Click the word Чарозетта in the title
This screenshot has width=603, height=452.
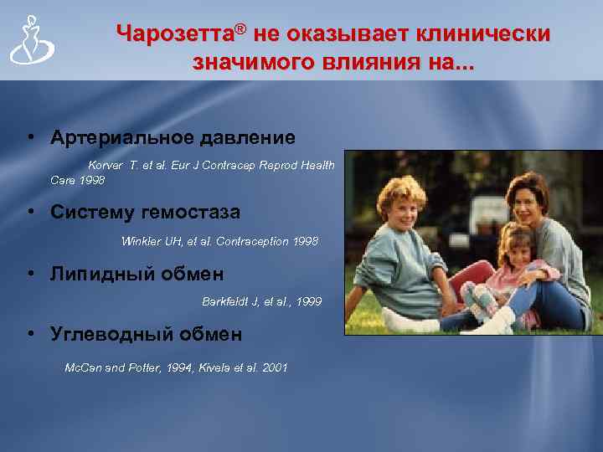tap(173, 34)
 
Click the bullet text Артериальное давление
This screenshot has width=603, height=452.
tap(173, 136)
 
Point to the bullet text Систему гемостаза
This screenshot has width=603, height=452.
tap(145, 212)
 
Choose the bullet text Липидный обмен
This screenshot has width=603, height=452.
tap(137, 274)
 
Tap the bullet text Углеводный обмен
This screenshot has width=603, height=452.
tap(146, 335)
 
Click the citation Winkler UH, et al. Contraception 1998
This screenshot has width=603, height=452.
tap(219, 241)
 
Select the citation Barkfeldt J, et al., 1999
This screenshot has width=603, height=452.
tap(261, 300)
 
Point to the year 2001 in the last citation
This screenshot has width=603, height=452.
tap(273, 367)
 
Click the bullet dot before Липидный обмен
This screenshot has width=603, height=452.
tap(30, 274)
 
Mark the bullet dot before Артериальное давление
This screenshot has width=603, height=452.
tap(30, 136)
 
